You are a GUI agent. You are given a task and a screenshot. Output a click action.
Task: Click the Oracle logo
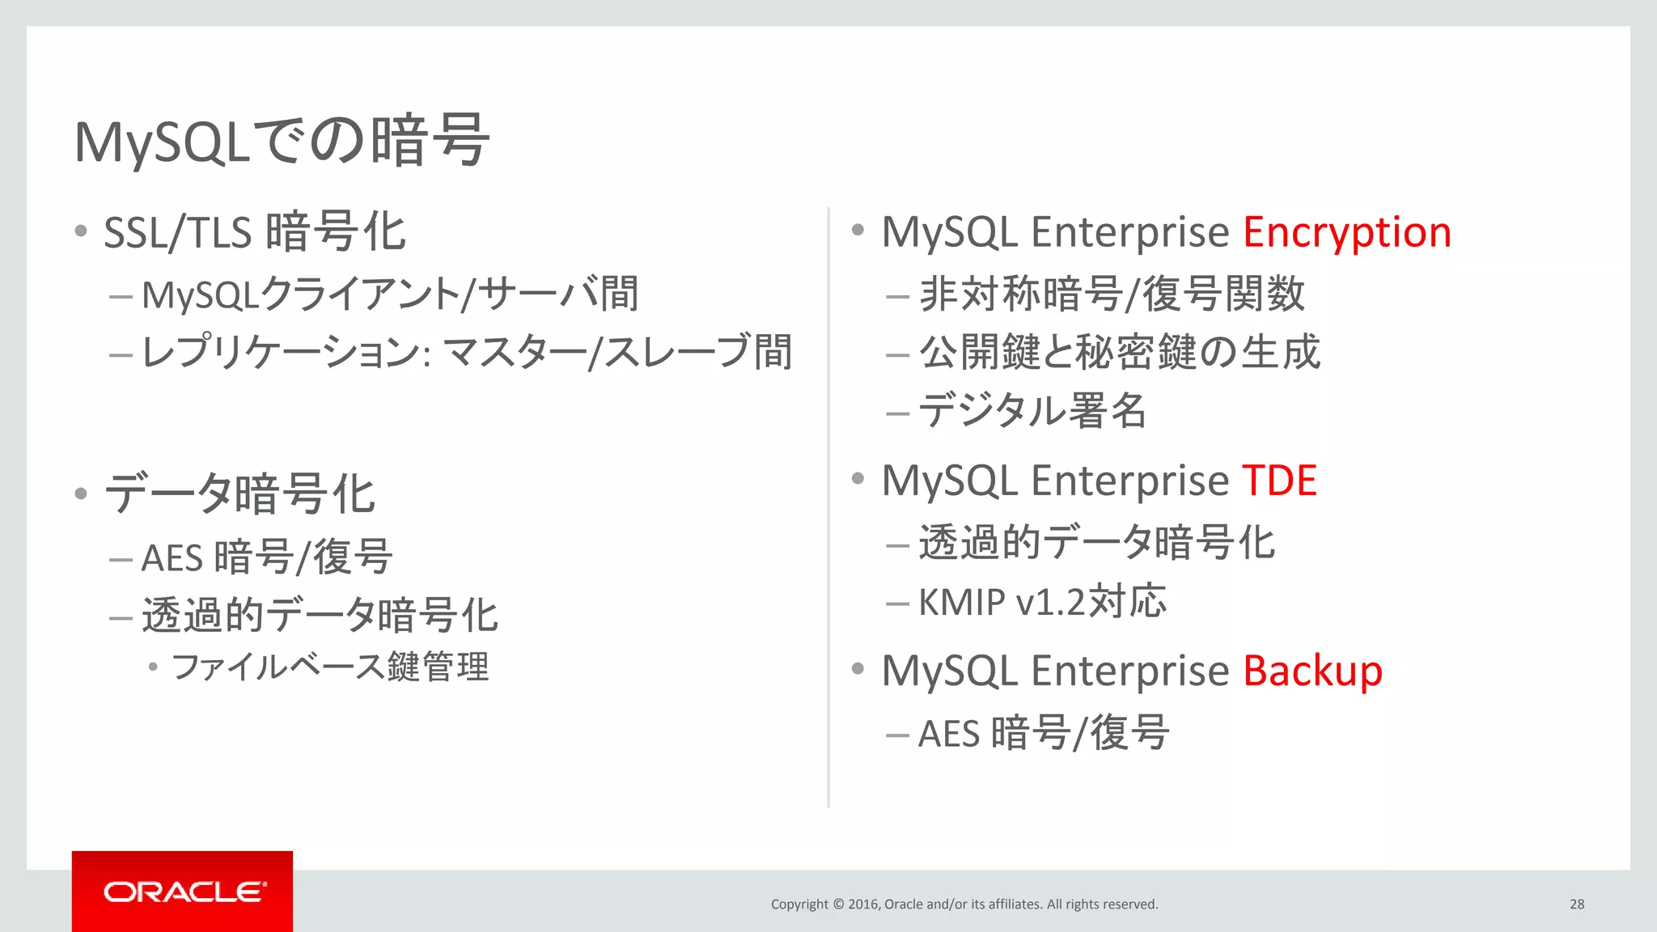pos(183,892)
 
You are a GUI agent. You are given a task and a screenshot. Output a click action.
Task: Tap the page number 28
pos(1577,904)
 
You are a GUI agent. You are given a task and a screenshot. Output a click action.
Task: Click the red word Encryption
pos(1346,232)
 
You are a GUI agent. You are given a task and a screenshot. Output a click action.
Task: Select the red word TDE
pos(1279,481)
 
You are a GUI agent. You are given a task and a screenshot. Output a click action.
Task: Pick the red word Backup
pos(1312,671)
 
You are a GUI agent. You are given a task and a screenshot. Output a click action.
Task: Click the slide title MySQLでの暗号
pos(281,141)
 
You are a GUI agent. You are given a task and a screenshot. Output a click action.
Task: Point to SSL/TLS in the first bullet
pos(178,233)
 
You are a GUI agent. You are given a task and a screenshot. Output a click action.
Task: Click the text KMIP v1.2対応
pos(1042,601)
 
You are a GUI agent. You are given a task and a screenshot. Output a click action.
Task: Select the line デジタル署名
pos(1032,410)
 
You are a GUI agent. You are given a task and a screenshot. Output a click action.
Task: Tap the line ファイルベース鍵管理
pos(330,667)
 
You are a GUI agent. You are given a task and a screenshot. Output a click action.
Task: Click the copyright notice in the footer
pos(964,904)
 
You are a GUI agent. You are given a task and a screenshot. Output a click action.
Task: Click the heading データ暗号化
pos(239,494)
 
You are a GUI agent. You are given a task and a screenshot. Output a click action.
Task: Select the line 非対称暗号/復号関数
pos(1112,293)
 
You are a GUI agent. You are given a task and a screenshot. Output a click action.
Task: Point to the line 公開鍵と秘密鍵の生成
pos(1119,352)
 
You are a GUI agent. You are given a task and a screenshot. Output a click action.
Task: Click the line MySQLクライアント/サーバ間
pos(390,294)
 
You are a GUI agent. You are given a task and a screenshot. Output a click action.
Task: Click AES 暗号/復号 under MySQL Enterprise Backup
pos(1043,733)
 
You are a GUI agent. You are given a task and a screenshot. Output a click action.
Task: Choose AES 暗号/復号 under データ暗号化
pos(267,557)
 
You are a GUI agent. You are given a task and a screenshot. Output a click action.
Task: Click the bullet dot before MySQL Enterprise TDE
pos(858,478)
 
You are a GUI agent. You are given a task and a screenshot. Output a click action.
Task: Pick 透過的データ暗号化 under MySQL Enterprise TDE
pos(1096,542)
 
